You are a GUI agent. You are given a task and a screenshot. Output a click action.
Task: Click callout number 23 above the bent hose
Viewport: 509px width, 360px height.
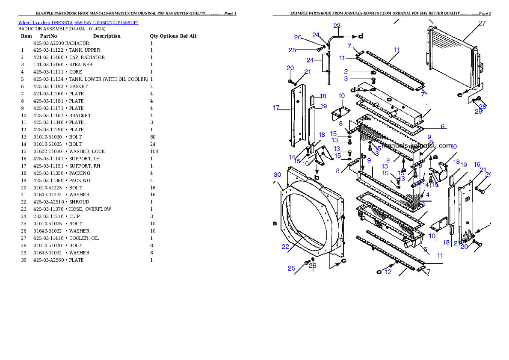coord(337,26)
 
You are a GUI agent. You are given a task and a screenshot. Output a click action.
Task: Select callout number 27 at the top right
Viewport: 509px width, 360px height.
coord(482,24)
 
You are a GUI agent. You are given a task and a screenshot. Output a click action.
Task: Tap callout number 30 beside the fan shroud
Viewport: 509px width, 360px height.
coord(278,174)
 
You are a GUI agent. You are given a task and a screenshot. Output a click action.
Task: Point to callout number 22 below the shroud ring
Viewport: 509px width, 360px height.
coord(285,247)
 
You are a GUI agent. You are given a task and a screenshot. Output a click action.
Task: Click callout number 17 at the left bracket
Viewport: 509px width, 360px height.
coord(276,108)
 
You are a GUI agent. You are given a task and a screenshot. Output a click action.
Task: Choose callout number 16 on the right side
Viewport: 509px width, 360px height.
coord(477,165)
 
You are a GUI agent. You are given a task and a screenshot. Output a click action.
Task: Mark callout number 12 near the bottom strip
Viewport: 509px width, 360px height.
coord(388,271)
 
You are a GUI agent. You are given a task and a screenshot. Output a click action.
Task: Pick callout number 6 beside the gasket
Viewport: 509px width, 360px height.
coord(443,127)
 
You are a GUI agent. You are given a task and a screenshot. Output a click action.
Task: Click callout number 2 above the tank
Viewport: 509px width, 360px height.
coord(346,71)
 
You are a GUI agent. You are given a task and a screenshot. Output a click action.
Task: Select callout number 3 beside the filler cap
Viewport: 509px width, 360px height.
coord(346,79)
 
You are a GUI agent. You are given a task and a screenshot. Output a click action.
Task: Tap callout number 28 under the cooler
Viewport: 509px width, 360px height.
coord(483,106)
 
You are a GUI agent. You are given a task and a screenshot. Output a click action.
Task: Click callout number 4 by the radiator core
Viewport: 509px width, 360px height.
coord(428,195)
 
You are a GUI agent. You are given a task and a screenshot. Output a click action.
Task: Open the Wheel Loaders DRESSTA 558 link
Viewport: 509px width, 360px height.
coord(78,23)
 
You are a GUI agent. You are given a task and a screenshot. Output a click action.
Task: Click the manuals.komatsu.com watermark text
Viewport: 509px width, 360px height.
coord(417,145)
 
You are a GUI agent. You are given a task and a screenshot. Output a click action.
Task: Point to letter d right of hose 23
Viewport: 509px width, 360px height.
coord(361,36)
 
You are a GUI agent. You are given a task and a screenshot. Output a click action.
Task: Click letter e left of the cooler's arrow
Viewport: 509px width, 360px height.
coord(460,95)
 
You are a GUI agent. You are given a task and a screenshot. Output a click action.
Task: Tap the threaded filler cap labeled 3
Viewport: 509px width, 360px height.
coord(373,81)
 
